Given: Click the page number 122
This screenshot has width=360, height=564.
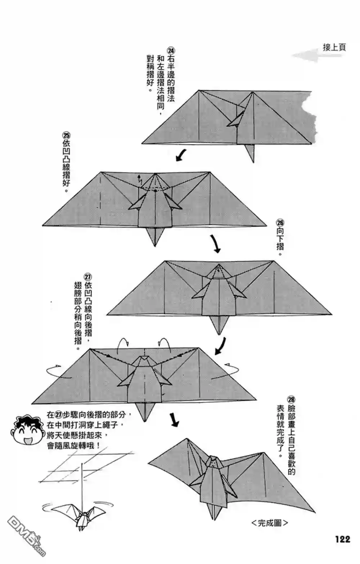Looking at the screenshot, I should coord(342,539).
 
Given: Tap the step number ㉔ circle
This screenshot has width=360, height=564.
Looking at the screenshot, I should coord(171,50).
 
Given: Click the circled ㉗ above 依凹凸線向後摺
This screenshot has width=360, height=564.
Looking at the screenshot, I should coord(88,277).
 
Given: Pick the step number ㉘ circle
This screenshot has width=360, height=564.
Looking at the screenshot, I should coord(291,399).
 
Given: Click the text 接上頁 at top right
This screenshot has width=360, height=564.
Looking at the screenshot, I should coord(334,47).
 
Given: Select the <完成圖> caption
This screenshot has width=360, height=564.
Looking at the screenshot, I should coord(270,523).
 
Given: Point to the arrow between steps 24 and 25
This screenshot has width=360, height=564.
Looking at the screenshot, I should coord(181,155).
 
